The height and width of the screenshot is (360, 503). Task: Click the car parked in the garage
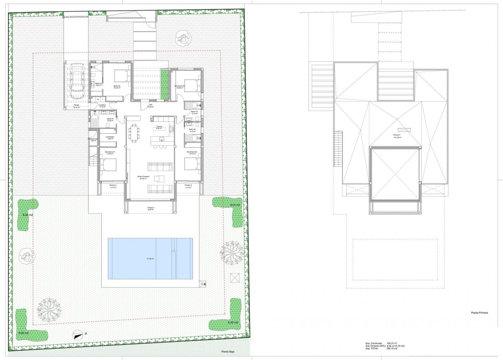pos(77,82)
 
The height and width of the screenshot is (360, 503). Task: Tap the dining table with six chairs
pos(134,133)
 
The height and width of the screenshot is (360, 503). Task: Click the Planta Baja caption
pos(227,352)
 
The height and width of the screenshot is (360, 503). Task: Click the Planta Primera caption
pos(479,313)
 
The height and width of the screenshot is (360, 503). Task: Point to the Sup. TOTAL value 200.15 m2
pos(392,349)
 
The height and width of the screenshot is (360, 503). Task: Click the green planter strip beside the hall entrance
pos(165,86)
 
